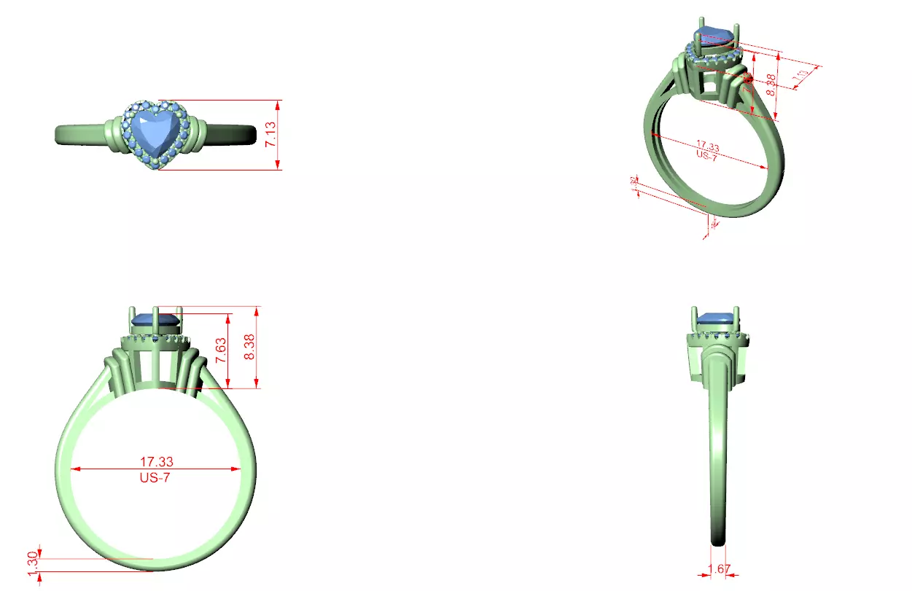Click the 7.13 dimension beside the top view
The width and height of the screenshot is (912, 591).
click(271, 135)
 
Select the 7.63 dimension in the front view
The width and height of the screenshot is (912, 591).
click(220, 351)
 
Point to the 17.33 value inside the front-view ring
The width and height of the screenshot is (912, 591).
click(157, 461)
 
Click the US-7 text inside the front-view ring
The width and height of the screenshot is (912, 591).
click(155, 478)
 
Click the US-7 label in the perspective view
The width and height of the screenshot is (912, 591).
click(706, 155)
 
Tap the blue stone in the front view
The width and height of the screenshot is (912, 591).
click(155, 319)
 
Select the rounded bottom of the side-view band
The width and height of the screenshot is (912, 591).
click(719, 541)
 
